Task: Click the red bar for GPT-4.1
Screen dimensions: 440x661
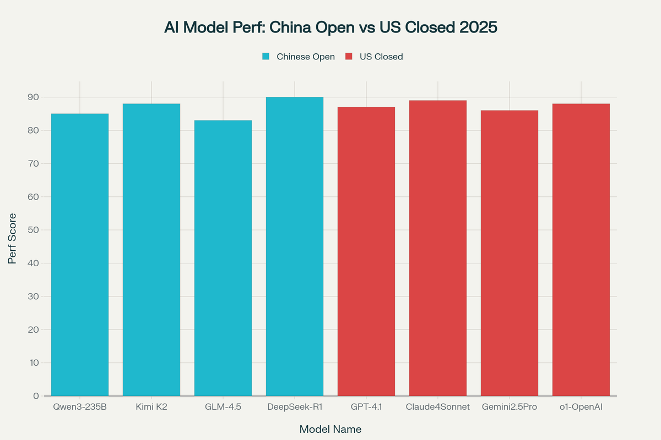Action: coord(366,251)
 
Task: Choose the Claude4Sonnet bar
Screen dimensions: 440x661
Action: coord(438,248)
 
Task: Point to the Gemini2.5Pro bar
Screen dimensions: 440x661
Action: coord(510,252)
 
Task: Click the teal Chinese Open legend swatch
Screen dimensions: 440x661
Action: coord(266,57)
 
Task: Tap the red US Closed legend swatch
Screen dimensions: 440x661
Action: coord(349,57)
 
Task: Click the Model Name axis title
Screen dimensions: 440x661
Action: coord(330,429)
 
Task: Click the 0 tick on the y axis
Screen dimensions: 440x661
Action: coord(36,396)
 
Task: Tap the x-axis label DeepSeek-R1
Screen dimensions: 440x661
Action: coord(295,408)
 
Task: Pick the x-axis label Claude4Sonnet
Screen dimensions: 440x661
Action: coord(438,408)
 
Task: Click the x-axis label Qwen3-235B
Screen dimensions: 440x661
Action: coord(80,408)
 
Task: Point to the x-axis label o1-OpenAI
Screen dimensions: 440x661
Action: coord(581,408)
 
